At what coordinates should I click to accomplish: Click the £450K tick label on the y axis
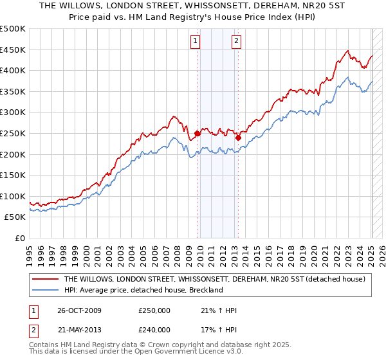[x=13, y=50]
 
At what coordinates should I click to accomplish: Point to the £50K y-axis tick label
[x=15, y=217]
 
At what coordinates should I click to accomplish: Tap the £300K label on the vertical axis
[x=13, y=113]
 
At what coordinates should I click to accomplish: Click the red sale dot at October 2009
[x=198, y=133]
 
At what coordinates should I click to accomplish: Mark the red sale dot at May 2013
[x=238, y=137]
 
